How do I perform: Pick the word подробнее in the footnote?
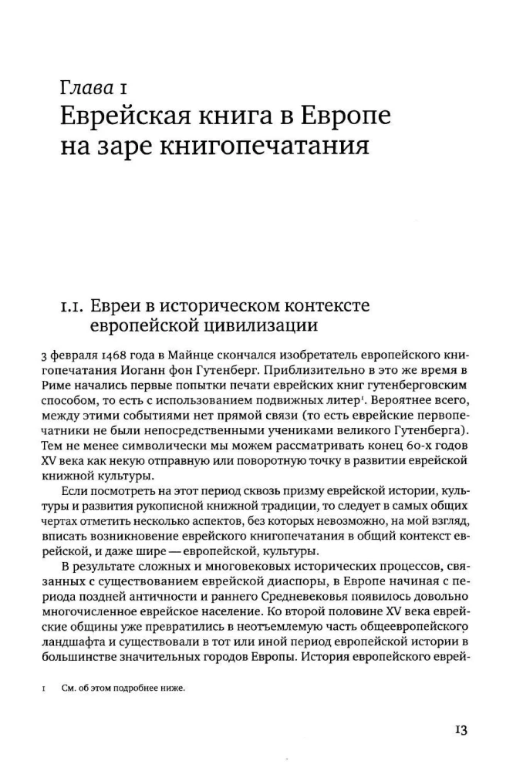[x=139, y=689]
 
